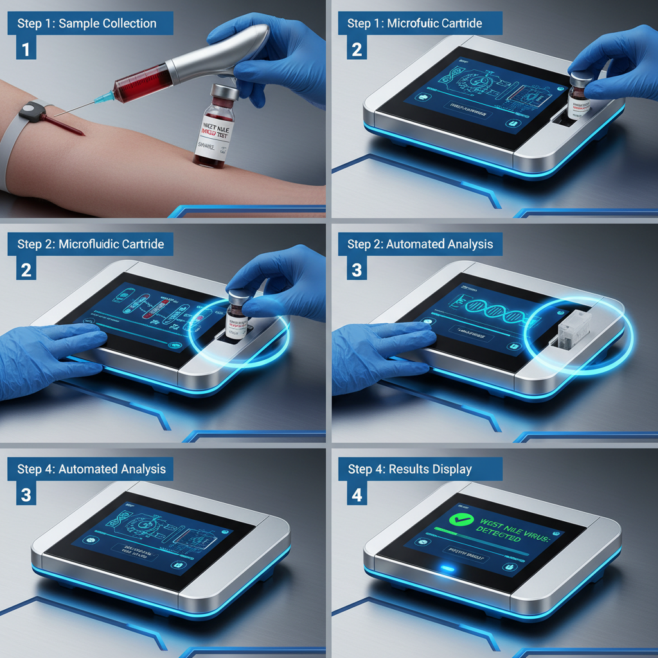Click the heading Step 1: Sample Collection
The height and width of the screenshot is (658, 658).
coord(87,24)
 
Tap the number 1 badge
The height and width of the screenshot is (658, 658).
coord(26,49)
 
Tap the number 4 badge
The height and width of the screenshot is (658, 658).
coord(357,495)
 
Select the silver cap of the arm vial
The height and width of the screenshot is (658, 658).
coord(224,92)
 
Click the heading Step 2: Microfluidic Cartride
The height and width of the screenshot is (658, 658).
coord(90,244)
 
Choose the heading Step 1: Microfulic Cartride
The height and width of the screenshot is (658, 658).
coord(414,24)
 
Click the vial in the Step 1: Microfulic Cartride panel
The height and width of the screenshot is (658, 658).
coord(580,98)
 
